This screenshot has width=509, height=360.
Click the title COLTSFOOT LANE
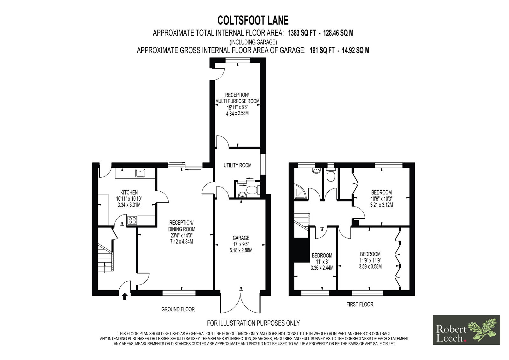(x=253, y=20)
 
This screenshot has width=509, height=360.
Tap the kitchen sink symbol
(x=140, y=173)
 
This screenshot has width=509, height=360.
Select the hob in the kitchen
(x=132, y=220)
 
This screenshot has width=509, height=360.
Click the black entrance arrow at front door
(x=124, y=296)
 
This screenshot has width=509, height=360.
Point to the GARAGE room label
(x=241, y=238)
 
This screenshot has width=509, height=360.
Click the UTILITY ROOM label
(x=237, y=165)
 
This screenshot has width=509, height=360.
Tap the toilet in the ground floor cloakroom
(x=253, y=189)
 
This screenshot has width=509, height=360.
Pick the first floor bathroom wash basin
(x=316, y=171)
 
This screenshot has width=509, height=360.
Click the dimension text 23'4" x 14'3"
(x=182, y=235)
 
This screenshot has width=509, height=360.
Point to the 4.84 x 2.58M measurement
(x=237, y=113)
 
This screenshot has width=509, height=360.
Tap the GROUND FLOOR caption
(x=178, y=309)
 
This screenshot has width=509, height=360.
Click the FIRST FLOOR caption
(x=360, y=304)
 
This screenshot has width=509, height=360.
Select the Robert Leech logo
(x=466, y=330)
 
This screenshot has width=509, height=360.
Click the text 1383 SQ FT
(x=302, y=33)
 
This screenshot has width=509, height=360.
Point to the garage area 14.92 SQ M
(x=355, y=50)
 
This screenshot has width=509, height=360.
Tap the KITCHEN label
(x=129, y=192)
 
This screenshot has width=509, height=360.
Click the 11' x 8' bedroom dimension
(x=322, y=262)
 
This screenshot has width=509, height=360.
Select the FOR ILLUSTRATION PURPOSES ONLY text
(x=253, y=323)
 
